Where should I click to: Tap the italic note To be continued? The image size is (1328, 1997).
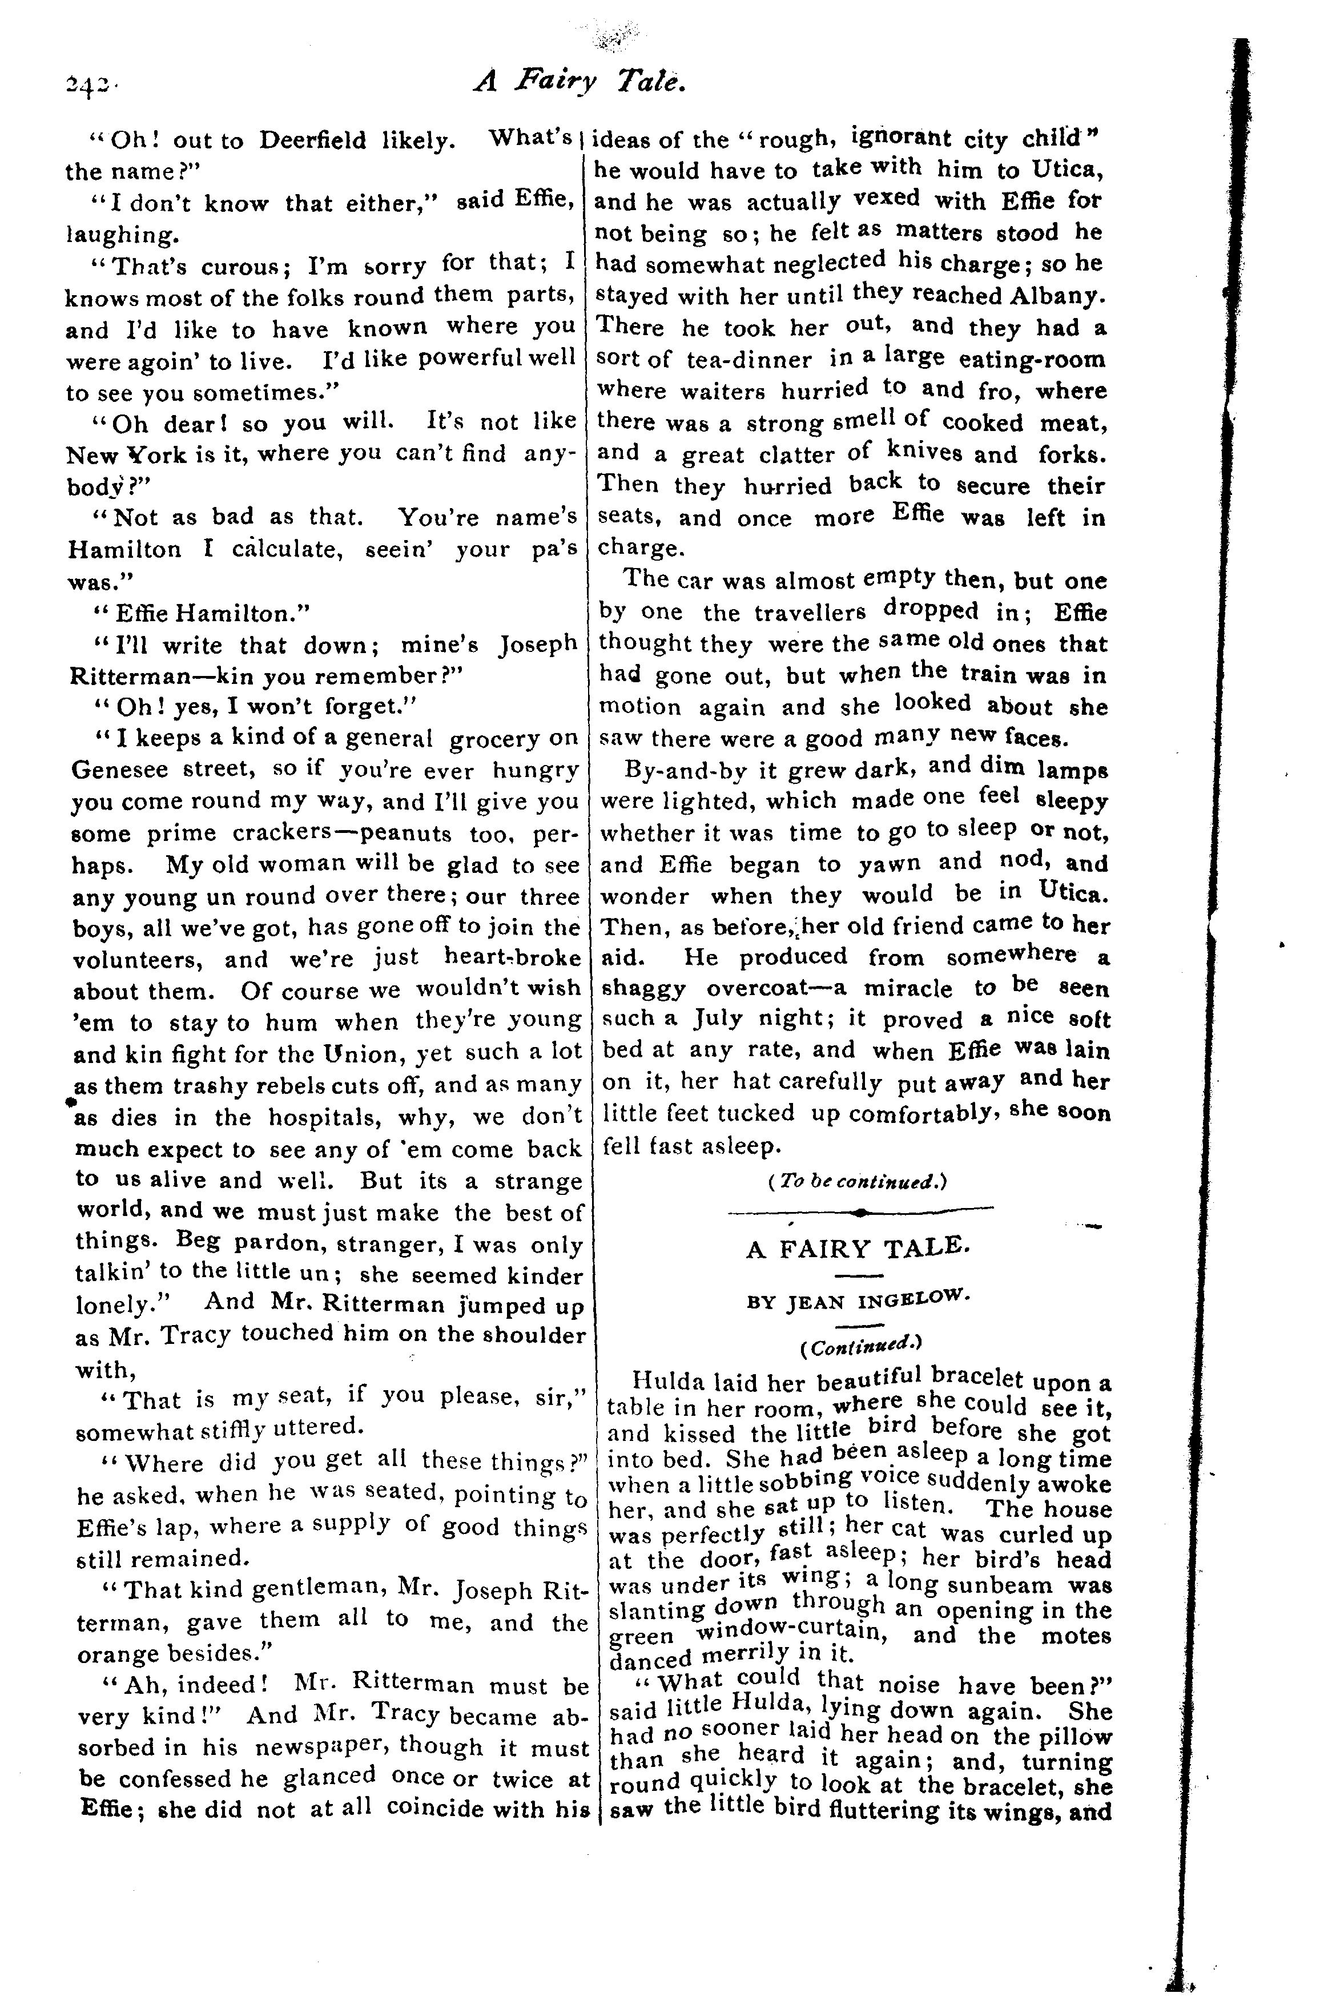(856, 1181)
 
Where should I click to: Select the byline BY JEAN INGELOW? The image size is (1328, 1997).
(856, 1301)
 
